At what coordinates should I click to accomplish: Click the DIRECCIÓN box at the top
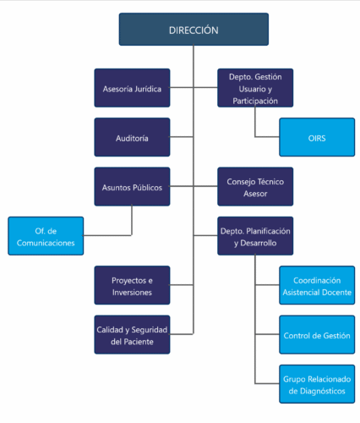(194, 30)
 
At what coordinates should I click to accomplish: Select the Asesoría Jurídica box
(132, 88)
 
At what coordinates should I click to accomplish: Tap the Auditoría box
(132, 137)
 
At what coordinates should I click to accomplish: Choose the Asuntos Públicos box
(132, 187)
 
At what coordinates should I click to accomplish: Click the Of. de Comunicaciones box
(46, 236)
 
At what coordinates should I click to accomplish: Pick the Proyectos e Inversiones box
(132, 285)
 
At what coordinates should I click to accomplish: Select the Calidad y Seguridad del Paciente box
(132, 335)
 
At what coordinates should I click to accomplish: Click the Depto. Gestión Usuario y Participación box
(255, 88)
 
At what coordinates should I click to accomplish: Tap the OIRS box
(317, 137)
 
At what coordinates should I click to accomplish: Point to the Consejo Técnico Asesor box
(255, 187)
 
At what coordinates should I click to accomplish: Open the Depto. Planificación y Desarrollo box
(255, 236)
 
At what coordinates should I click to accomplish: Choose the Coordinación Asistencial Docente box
(317, 285)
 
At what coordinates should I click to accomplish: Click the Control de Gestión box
(317, 335)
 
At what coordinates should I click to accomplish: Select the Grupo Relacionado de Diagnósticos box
(317, 384)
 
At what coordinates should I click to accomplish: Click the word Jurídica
(148, 89)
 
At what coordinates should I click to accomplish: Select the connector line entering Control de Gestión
(267, 334)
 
